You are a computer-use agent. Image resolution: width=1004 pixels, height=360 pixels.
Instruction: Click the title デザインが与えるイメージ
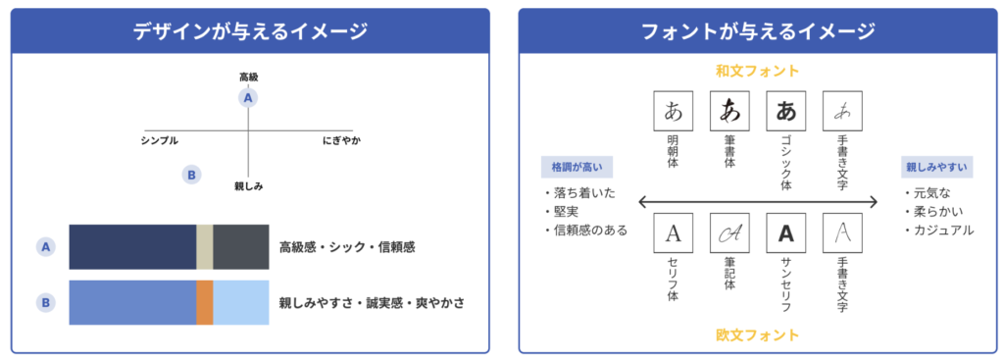tap(250, 31)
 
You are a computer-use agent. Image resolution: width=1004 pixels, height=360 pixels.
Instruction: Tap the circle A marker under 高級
tap(248, 97)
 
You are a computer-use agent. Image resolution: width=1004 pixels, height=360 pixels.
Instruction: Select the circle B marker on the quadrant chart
tap(192, 175)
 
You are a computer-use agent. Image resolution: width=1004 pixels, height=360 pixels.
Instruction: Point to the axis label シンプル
tap(160, 141)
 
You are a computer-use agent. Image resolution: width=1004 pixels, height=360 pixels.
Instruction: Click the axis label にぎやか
tap(341, 141)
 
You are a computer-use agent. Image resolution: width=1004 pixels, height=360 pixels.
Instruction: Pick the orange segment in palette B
tap(204, 302)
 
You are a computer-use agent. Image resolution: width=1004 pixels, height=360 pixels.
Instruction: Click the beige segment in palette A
tap(204, 247)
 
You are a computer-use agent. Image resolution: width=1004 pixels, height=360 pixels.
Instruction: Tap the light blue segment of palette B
tap(240, 302)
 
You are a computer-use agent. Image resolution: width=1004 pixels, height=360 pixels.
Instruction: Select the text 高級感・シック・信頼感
tap(347, 247)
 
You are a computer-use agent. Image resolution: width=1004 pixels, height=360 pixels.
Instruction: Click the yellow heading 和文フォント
tap(757, 72)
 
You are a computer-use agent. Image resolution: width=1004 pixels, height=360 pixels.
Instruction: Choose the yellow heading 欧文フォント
tap(757, 335)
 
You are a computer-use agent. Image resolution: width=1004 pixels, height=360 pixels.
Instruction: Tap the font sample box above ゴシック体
tap(785, 111)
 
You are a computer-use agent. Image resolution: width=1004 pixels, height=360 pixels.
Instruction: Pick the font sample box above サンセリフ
tap(785, 233)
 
